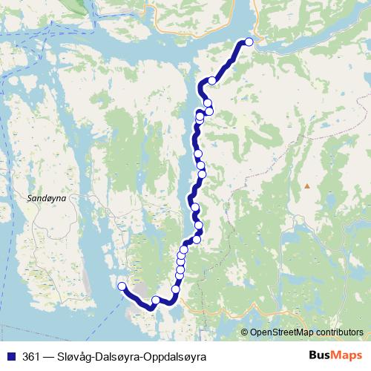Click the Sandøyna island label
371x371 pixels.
tap(47, 200)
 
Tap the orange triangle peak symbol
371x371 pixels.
tap(306, 185)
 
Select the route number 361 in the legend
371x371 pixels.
tap(32, 356)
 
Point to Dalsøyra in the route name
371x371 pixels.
tap(124, 357)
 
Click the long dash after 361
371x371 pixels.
tap(50, 356)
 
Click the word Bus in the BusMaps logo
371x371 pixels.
tap(321, 355)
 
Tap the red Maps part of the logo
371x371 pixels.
tap(349, 355)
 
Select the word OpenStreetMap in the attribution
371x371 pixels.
tap(282, 333)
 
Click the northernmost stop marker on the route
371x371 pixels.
tap(249, 42)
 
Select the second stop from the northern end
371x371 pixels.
tap(213, 80)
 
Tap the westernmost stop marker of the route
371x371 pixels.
tap(122, 286)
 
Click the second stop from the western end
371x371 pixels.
tap(156, 301)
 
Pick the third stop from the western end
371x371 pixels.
tap(176, 289)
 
